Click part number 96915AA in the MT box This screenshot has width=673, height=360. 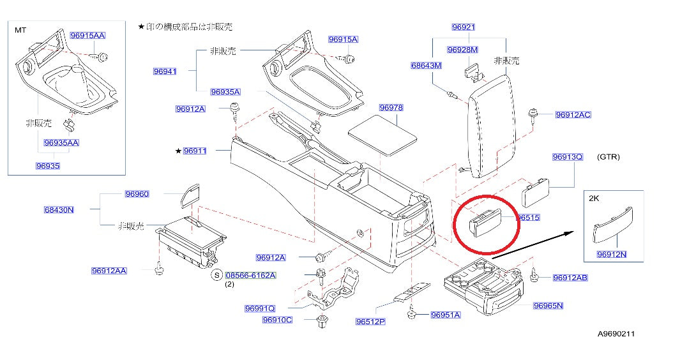click(87, 36)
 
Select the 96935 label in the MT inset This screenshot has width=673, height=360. click(48, 166)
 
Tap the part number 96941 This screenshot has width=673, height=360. click(165, 71)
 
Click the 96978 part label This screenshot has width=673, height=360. click(391, 108)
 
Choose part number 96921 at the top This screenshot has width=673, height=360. click(463, 27)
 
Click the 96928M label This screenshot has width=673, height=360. click(462, 50)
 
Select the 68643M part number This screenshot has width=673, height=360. click(426, 66)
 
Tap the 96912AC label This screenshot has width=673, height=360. click(573, 114)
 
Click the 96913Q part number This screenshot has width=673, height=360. click(568, 156)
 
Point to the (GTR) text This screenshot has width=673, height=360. click(608, 156)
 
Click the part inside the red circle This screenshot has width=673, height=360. click(485, 222)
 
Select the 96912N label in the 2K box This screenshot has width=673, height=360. click(612, 255)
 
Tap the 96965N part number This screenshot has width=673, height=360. click(548, 306)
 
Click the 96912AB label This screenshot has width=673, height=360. click(570, 278)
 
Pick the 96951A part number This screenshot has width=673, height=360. click(446, 315)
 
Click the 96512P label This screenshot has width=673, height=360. click(370, 321)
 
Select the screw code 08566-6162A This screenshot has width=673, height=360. click(251, 275)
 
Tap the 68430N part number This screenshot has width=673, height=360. click(59, 210)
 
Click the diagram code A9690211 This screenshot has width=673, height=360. click(616, 333)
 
